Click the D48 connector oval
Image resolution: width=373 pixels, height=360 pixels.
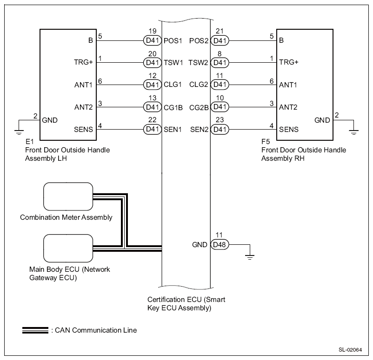click(x=220, y=244)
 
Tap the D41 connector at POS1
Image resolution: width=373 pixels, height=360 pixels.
click(x=153, y=40)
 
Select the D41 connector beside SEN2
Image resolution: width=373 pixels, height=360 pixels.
click(x=220, y=129)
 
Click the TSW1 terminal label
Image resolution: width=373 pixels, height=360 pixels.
click(x=173, y=63)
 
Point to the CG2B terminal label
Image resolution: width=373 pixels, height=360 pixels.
click(x=199, y=108)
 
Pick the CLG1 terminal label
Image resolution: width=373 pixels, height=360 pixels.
click(x=173, y=85)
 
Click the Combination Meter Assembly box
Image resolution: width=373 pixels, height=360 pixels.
click(x=68, y=196)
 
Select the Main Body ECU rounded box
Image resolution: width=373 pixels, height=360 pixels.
click(x=68, y=249)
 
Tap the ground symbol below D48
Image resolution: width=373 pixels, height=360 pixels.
click(x=250, y=257)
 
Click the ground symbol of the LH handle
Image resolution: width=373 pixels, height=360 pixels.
click(x=19, y=132)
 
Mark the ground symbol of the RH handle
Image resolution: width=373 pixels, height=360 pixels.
click(x=354, y=132)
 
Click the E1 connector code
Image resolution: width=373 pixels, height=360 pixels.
click(x=30, y=142)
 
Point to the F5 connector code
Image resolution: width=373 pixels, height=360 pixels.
click(x=266, y=142)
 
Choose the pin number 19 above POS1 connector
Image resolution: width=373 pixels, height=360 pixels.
click(x=153, y=31)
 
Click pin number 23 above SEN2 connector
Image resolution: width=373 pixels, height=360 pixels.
click(x=220, y=120)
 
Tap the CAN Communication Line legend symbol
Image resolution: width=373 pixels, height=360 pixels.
click(x=35, y=330)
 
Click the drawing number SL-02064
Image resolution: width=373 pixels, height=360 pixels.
click(x=350, y=350)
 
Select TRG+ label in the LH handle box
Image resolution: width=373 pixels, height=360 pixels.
click(x=83, y=62)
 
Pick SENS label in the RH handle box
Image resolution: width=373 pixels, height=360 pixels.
click(x=288, y=130)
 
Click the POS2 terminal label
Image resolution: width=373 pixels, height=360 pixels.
click(x=199, y=41)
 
